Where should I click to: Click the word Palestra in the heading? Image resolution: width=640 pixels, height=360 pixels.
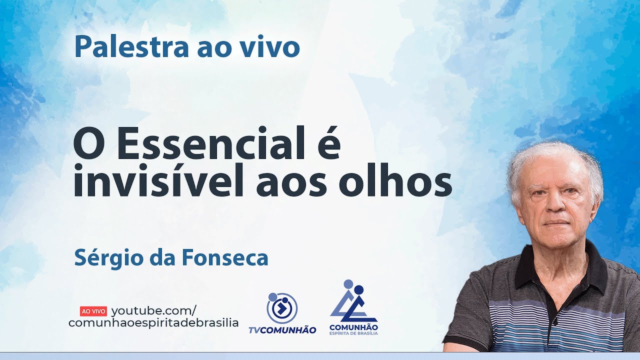pos(129,47)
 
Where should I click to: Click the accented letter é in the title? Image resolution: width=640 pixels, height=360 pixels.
pos(328,145)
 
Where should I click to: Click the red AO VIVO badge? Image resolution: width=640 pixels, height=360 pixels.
pos(93,311)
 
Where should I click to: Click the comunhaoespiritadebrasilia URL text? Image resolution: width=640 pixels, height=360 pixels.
pos(153,323)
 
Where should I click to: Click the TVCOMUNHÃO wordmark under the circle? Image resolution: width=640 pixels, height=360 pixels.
pos(282,330)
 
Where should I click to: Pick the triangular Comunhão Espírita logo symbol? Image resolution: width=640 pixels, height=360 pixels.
pos(353,302)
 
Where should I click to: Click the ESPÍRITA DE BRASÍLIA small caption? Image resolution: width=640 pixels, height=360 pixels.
pos(353,333)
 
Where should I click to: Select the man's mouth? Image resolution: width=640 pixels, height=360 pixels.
pos(556,221)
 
